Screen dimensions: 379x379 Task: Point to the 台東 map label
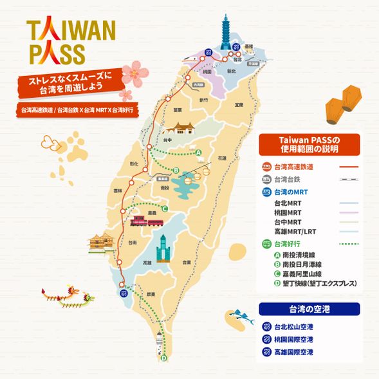coord(186,262)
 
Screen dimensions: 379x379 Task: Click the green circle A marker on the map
coord(199,153)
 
